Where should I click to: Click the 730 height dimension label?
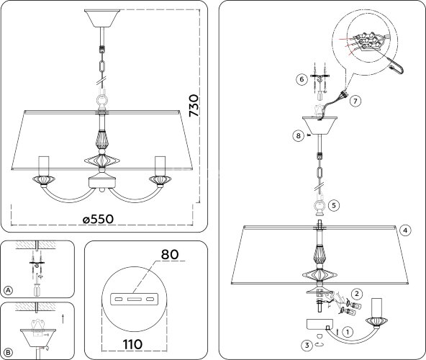click(x=194, y=106)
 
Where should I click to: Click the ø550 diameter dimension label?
click(x=98, y=219)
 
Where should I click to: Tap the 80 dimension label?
click(x=170, y=254)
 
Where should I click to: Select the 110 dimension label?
click(x=132, y=344)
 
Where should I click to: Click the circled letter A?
click(x=9, y=290)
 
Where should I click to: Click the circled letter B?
click(x=9, y=353)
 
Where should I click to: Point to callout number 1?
click(x=348, y=332)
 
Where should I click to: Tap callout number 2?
click(x=357, y=293)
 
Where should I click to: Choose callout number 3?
click(x=307, y=346)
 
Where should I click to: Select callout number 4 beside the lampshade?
click(x=405, y=230)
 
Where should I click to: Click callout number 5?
click(x=334, y=205)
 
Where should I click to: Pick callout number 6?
click(x=302, y=79)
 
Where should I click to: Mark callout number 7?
click(x=355, y=101)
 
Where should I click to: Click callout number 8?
click(x=299, y=135)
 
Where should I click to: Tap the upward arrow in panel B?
click(x=63, y=319)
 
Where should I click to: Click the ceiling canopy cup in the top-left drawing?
click(x=102, y=18)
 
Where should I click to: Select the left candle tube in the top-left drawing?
click(x=44, y=166)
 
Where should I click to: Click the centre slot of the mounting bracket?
click(x=134, y=300)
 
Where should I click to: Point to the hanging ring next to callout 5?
click(x=319, y=206)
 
